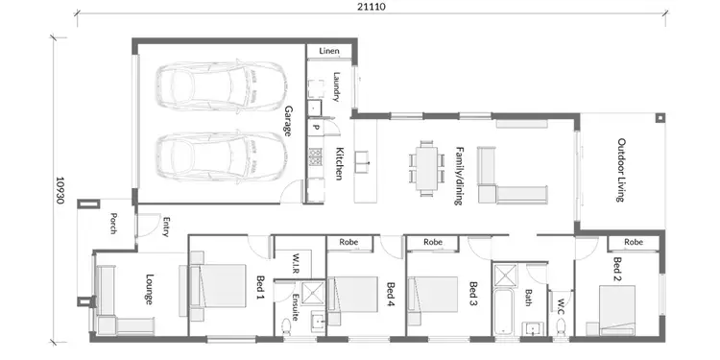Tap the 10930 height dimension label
coord(60,191)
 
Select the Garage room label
coord(287,121)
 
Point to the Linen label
coord(329,50)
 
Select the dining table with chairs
coord(425,165)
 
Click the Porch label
coord(113,224)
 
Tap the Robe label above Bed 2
coord(633,242)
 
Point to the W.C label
coord(561,307)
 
